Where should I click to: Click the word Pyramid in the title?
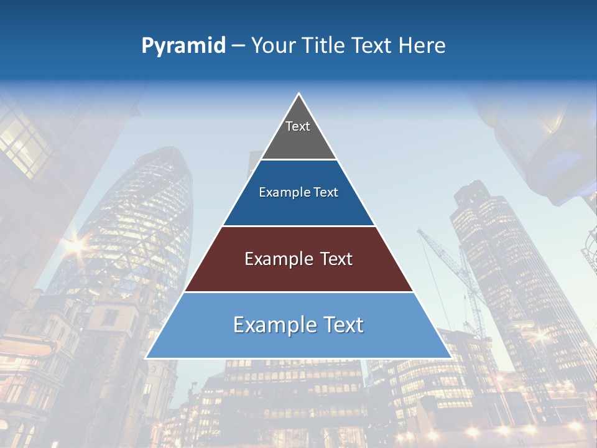(183, 46)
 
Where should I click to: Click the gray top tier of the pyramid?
(298, 134)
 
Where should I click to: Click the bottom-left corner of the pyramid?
(147, 357)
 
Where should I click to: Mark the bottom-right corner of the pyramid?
(450, 357)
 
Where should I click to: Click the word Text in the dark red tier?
(334, 259)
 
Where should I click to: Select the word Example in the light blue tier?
(272, 325)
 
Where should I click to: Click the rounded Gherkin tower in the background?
(143, 224)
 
